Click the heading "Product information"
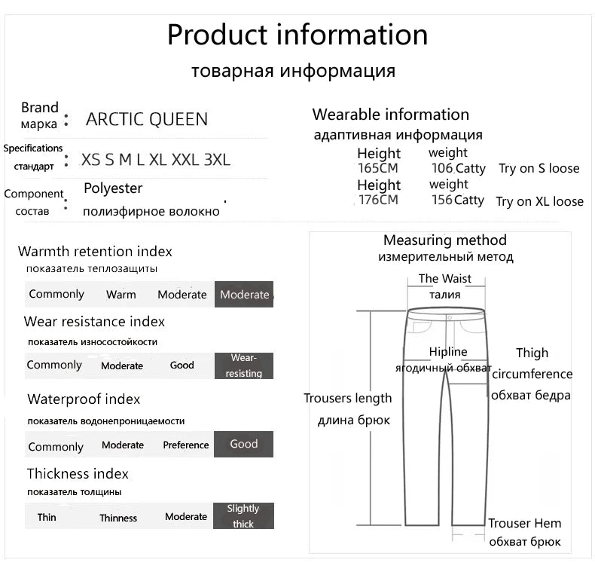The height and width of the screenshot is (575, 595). tap(297, 35)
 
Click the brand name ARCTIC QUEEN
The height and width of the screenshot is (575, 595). tap(147, 119)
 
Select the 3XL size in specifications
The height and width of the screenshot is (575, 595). tap(217, 160)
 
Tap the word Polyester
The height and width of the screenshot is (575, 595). tap(113, 188)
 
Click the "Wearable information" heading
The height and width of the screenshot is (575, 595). tap(390, 115)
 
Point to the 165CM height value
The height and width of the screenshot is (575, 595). tap(377, 169)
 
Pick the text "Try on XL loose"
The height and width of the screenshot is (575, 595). tap(539, 201)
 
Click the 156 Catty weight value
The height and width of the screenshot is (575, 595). tap(457, 200)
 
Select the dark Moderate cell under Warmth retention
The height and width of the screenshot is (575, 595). tap(244, 295)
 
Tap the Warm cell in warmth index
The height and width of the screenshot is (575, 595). tap(121, 295)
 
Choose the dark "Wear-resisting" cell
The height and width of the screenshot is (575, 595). tap(243, 365)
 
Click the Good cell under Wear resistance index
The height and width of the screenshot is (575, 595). tap(182, 365)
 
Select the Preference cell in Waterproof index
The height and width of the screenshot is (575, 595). tap(186, 445)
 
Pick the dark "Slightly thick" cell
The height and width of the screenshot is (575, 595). tap(243, 516)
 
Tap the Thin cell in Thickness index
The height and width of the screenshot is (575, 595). tap(47, 517)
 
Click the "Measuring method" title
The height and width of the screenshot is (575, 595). tap(445, 240)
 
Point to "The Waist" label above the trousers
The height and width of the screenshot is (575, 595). tap(445, 279)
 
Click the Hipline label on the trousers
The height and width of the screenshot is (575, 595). tap(448, 352)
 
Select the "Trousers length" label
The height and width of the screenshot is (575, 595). tap(348, 399)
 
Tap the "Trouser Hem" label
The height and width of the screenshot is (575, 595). tap(525, 524)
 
